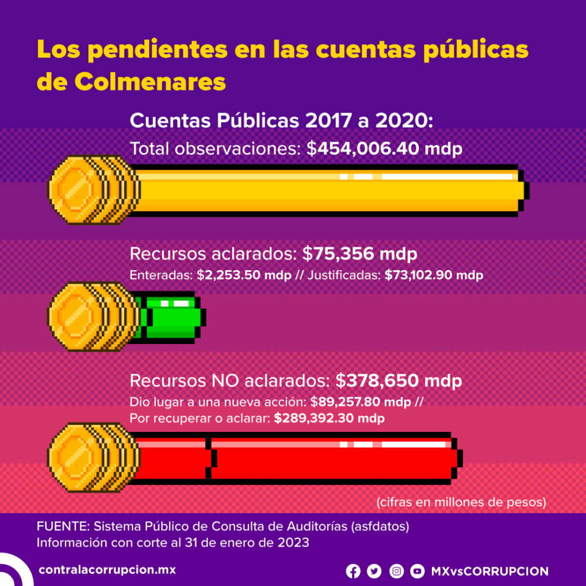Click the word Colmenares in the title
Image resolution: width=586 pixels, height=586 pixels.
click(149, 82)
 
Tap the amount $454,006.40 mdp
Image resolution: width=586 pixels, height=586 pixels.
click(384, 149)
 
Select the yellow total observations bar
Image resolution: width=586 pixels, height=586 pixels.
click(328, 190)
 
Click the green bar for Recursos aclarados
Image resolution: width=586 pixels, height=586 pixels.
click(173, 317)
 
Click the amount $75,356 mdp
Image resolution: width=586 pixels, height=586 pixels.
click(360, 255)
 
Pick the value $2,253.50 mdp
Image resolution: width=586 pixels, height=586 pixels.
click(244, 275)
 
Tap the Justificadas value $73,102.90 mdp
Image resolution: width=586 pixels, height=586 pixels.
click(434, 275)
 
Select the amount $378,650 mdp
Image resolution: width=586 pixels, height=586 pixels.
click(398, 381)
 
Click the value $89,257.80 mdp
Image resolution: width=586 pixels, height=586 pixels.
click(360, 403)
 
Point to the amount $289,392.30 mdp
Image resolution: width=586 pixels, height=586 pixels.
click(329, 419)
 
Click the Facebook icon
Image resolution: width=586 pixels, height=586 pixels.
click(353, 571)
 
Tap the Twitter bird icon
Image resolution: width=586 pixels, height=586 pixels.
click(374, 571)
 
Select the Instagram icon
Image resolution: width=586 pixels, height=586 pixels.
click(397, 571)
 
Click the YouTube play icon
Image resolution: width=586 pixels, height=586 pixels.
click(417, 571)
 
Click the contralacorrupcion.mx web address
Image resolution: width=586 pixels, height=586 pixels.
click(107, 570)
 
